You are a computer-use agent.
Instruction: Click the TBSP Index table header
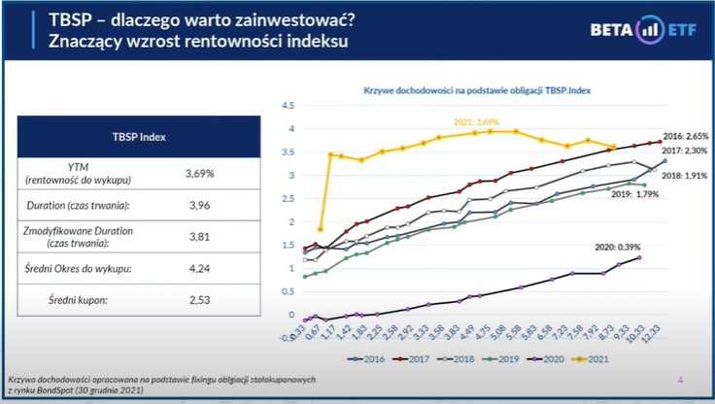click(139, 137)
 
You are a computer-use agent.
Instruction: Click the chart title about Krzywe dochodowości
click(486, 89)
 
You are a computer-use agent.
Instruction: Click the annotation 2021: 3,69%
click(476, 122)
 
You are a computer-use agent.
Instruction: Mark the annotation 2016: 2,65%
click(686, 136)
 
